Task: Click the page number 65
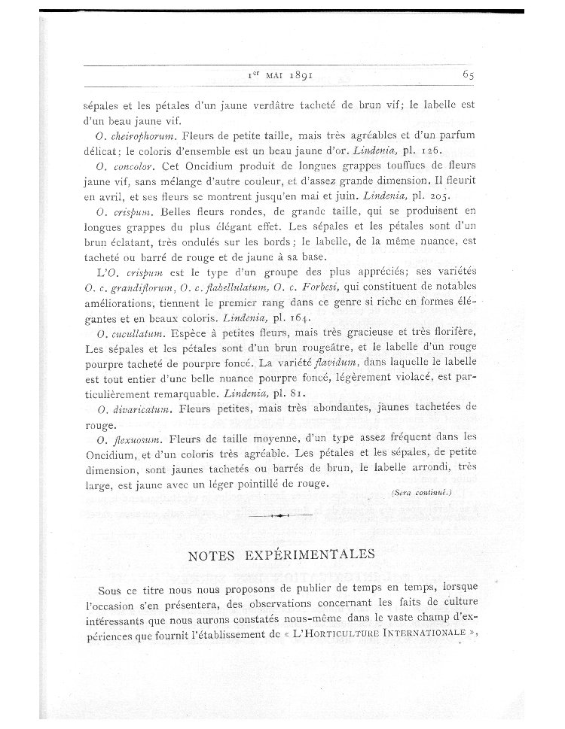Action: point(468,75)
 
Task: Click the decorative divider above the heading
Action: point(279,516)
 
